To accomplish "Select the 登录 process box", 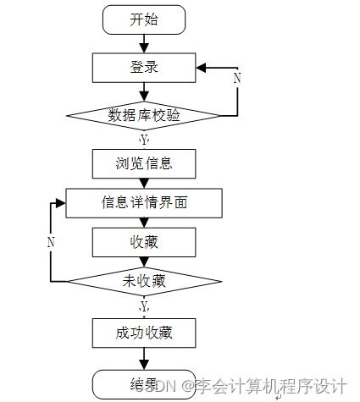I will click(x=144, y=67).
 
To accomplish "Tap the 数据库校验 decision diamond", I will click(x=144, y=115).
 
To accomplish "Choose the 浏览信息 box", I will click(x=144, y=161).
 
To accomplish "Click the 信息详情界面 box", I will click(x=144, y=202).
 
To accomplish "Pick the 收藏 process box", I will click(x=144, y=242).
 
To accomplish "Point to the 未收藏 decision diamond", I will click(x=144, y=281).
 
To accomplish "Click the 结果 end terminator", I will click(x=144, y=383).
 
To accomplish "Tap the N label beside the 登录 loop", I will click(x=237, y=78).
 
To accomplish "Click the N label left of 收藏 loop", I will click(x=51, y=241).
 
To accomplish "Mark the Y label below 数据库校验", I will click(x=144, y=138).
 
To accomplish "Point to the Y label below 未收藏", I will click(x=144, y=305).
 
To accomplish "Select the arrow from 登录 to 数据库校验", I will click(x=144, y=91).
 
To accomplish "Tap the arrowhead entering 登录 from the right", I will click(x=202, y=67).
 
